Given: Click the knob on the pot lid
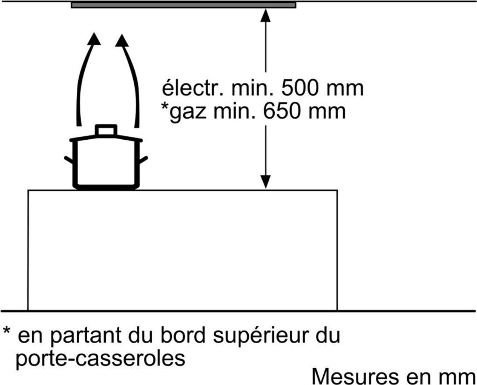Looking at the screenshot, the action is [x=106, y=130].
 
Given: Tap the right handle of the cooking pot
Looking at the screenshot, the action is [x=143, y=160].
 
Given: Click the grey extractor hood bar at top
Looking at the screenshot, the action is [x=183, y=5].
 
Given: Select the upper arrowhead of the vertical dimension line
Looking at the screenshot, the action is [x=266, y=15].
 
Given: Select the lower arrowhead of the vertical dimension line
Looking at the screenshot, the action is [x=266, y=182].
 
